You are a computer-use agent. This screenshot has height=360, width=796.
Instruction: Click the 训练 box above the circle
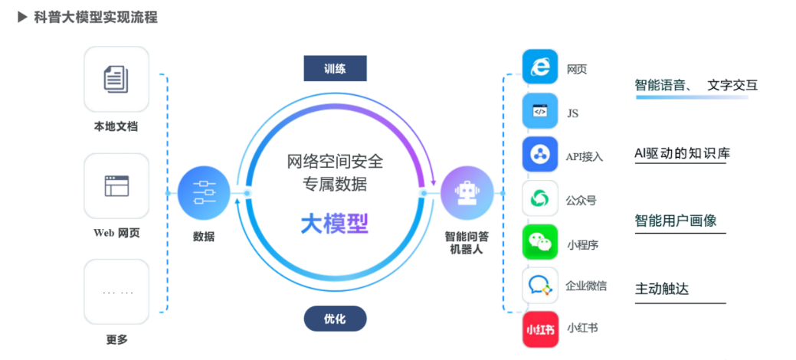[335, 69]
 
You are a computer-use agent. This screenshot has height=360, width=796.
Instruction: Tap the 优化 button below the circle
[335, 319]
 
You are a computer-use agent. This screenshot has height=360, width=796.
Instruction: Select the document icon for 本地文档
[116, 79]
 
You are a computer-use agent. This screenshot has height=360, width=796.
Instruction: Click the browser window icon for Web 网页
[116, 185]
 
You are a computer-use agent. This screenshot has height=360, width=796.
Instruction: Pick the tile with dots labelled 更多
[116, 292]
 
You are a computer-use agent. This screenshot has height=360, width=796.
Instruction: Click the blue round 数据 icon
[204, 192]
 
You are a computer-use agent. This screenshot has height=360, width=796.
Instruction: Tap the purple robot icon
[466, 192]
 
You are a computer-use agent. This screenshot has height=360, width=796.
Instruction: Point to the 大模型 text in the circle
[334, 223]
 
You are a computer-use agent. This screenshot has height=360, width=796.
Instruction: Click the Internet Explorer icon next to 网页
[541, 67]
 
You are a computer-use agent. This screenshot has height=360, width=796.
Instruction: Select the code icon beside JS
[541, 111]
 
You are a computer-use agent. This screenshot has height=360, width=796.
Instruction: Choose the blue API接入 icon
[541, 155]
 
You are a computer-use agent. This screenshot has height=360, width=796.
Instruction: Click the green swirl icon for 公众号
[541, 198]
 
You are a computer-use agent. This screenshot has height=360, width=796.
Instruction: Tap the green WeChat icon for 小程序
[541, 243]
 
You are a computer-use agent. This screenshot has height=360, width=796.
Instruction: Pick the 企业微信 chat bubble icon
[541, 286]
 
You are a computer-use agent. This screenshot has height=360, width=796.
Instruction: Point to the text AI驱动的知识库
[683, 153]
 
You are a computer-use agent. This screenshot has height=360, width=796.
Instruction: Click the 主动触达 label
[662, 289]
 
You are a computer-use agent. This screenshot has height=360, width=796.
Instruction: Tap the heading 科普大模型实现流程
[97, 17]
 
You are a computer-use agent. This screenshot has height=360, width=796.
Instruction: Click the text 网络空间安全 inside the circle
[334, 162]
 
